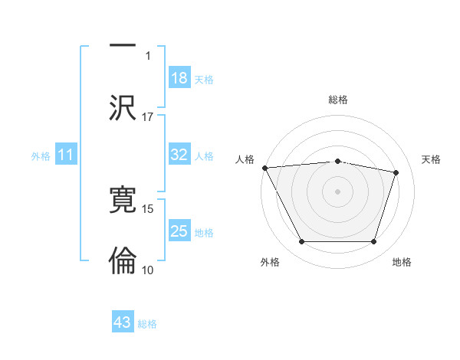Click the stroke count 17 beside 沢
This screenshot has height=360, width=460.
pos(148,116)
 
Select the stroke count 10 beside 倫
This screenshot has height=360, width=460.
pos(148,270)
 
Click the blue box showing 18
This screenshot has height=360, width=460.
pos(179,78)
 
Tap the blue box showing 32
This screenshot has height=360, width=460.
pos(179,155)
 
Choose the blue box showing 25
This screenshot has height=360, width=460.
pos(179,231)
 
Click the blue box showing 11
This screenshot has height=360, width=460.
pos(66,155)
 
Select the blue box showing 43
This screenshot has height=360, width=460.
pos(123,322)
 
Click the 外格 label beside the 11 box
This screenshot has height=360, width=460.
pos(41,156)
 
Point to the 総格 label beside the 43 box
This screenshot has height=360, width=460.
pos(147,324)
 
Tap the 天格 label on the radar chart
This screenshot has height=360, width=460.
pos(432,159)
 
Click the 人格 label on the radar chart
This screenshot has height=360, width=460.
pos(245,159)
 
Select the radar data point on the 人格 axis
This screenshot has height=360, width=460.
pos(264,168)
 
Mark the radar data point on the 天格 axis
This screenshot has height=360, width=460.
pos(396,173)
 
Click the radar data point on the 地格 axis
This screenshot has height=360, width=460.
pos(373,242)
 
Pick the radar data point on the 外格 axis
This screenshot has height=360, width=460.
pos(301,242)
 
